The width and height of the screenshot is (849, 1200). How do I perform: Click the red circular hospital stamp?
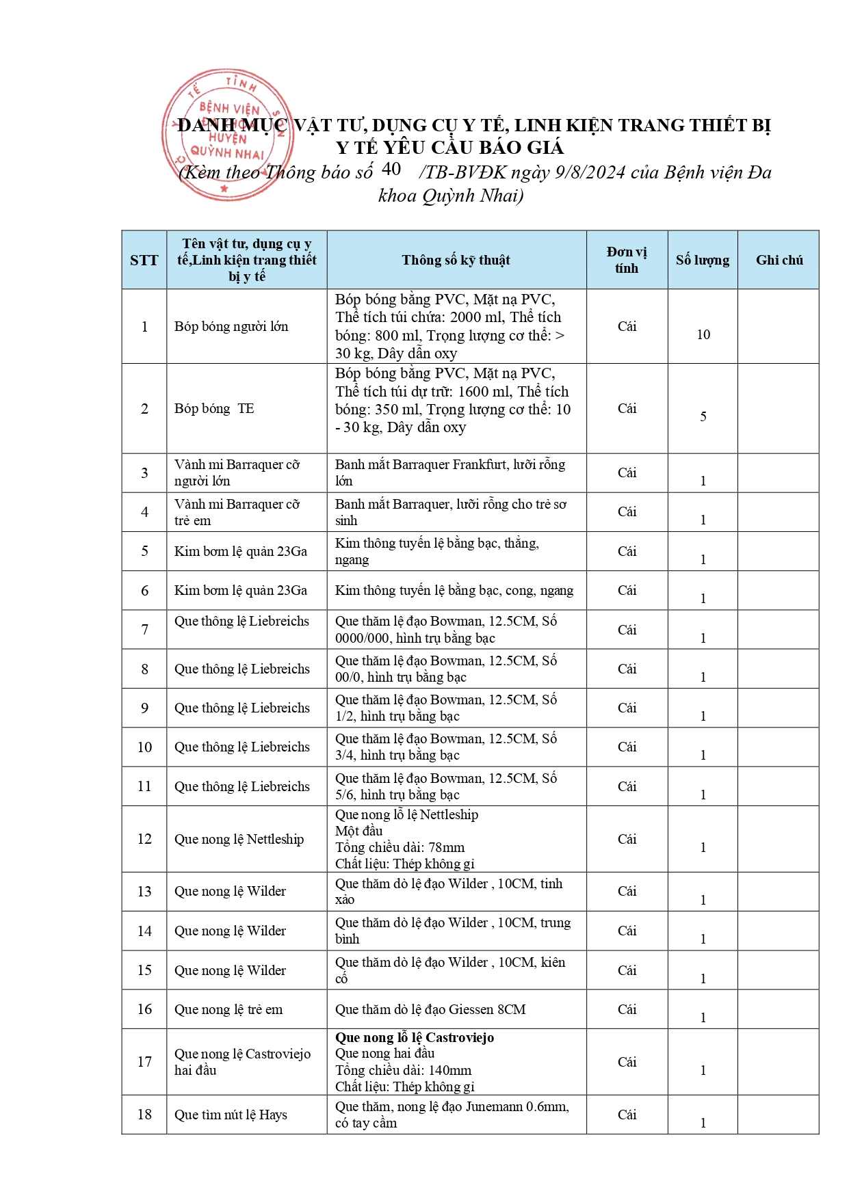(x=227, y=135)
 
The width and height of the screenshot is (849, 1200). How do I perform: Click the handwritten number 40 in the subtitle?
(x=391, y=169)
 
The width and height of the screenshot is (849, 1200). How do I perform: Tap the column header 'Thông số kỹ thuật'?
(x=456, y=260)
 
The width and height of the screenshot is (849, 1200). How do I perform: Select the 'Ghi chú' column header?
(x=779, y=260)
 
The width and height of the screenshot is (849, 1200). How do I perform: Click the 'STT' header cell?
(x=144, y=260)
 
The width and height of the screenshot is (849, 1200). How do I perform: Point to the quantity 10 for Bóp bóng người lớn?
(x=703, y=334)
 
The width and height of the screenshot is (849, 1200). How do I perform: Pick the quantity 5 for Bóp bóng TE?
(x=703, y=416)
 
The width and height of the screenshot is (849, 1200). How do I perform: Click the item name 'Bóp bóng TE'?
(x=214, y=408)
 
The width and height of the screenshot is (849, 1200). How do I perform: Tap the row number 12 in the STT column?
(x=144, y=839)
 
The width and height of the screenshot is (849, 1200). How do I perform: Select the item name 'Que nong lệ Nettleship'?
(x=239, y=839)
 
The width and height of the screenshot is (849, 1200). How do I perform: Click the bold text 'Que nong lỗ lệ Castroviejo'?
(x=415, y=1037)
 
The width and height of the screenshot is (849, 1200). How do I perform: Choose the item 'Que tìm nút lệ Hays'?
(x=231, y=1115)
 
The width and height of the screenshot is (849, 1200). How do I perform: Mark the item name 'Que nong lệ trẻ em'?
(x=228, y=1009)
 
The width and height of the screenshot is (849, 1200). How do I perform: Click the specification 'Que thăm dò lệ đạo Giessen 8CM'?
(x=430, y=1009)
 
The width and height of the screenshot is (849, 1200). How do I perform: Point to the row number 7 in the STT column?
(x=144, y=629)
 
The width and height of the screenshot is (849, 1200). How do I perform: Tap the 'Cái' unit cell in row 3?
(x=627, y=472)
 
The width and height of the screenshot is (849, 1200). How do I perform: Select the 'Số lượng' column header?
(x=703, y=260)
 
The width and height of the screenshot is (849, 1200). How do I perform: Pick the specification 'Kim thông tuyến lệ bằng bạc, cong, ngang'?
(x=454, y=590)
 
